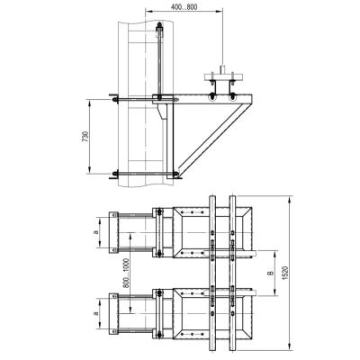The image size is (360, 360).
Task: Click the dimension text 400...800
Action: (x=184, y=7)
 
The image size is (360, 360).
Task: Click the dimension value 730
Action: (x=85, y=136)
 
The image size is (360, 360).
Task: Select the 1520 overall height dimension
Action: (x=285, y=273)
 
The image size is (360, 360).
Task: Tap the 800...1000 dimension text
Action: (x=126, y=274)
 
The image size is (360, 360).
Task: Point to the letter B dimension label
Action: (x=270, y=273)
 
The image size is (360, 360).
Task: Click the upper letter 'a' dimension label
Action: (x=96, y=232)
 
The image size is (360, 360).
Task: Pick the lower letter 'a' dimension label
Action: (x=96, y=313)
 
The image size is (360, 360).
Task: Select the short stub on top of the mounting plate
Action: (x=222, y=68)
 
